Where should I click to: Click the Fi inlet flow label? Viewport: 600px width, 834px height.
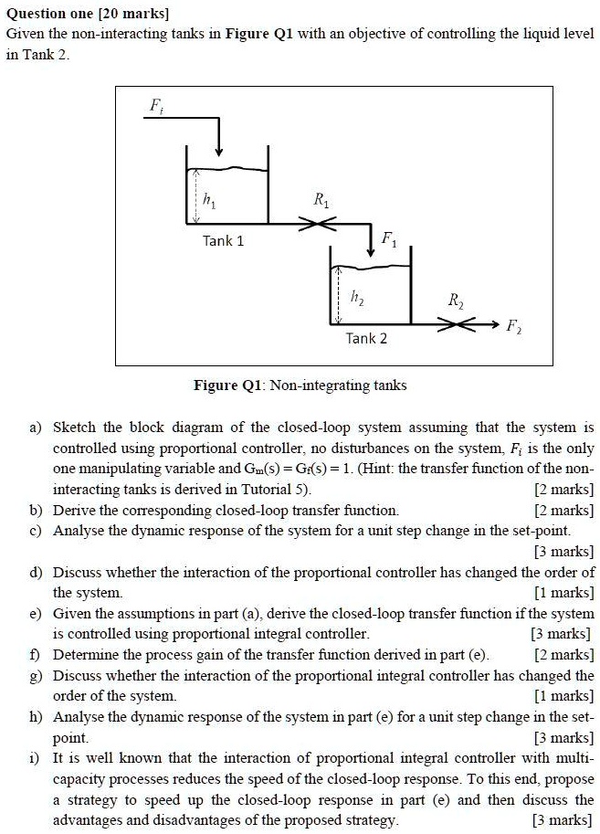point(156,106)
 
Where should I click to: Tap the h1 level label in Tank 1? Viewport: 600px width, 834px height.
point(209,201)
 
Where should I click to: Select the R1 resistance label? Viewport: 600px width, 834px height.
point(321,200)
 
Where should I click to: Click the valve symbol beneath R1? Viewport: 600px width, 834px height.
point(317,224)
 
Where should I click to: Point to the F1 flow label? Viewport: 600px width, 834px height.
point(389,239)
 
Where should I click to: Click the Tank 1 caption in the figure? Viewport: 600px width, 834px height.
point(224,241)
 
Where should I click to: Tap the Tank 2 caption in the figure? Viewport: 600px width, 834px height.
point(366,338)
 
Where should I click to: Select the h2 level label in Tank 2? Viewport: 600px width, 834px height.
point(357,298)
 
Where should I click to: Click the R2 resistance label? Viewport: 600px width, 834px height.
point(456,301)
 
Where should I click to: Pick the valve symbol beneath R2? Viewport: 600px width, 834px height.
point(457,324)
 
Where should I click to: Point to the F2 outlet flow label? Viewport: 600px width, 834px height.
point(514,325)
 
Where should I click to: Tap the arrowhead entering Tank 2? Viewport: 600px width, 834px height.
point(371,249)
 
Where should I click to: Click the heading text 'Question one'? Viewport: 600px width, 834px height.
point(48,14)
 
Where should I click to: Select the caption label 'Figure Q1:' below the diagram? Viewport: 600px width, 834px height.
point(227,385)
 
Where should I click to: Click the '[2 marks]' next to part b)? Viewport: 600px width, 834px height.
point(563,511)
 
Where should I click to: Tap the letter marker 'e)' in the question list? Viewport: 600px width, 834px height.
point(36,614)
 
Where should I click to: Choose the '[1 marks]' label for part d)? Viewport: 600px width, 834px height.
point(563,593)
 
